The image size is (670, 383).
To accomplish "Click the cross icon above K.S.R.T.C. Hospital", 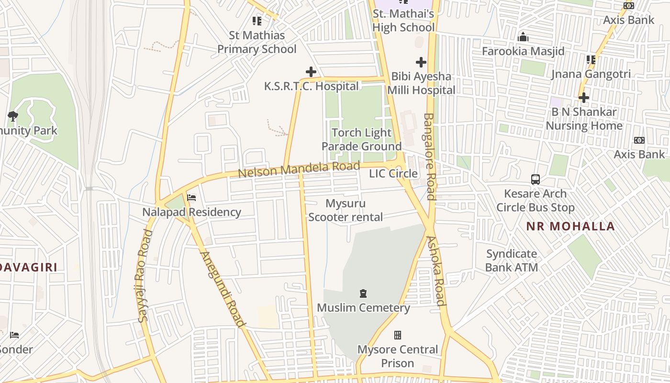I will (x=311, y=72).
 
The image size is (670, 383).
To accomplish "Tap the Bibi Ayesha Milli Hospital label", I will (x=421, y=83).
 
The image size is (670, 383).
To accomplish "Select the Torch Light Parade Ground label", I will (x=361, y=139).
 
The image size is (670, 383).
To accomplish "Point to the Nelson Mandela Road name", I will (x=299, y=169).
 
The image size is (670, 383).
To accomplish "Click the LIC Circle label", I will (x=393, y=173).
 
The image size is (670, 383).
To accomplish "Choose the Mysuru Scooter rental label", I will (x=345, y=210).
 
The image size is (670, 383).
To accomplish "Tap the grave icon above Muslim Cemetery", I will (x=363, y=293).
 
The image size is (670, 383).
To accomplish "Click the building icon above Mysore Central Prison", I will (x=397, y=335).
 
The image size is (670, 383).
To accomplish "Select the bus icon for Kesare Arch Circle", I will (x=536, y=180).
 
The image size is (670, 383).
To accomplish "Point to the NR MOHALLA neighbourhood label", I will (x=570, y=226).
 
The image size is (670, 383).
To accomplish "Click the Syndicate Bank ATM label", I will (x=512, y=260).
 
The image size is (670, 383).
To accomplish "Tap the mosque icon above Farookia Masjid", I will (x=523, y=37).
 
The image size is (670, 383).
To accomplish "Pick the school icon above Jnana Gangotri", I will (x=591, y=60).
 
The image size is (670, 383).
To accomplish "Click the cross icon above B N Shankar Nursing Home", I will (x=583, y=98).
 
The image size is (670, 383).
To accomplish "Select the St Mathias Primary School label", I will (x=257, y=42).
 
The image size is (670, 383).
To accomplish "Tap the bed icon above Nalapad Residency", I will (x=191, y=197).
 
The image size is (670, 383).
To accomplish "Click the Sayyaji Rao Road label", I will (x=145, y=276).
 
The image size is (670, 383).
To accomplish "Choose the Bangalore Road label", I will (x=430, y=157).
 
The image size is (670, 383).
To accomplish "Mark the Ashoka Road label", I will (x=436, y=270).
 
